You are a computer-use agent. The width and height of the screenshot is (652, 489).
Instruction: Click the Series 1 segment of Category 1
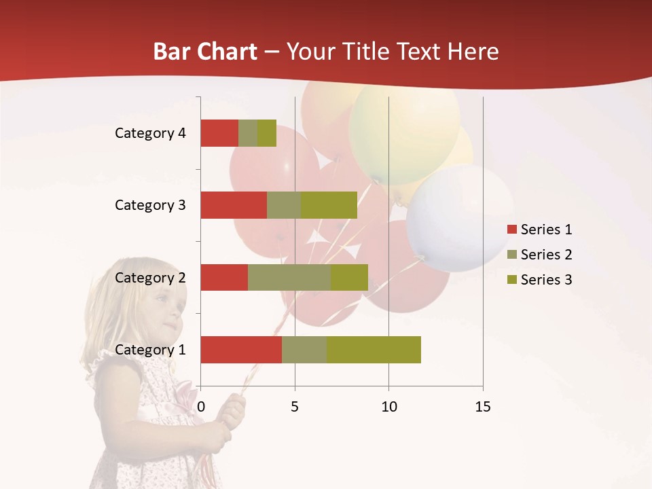click(x=241, y=350)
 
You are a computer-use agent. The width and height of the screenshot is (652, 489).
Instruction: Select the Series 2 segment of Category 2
click(x=289, y=277)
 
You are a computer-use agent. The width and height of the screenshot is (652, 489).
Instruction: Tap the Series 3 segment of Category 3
click(x=329, y=205)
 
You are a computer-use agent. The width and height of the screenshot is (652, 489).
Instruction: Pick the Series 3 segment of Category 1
click(x=374, y=350)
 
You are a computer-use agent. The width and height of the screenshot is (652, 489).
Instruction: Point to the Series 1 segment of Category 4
click(x=219, y=133)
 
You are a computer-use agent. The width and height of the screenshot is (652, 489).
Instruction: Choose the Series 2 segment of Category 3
click(x=284, y=205)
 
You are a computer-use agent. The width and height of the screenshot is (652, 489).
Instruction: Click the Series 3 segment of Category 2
click(x=349, y=277)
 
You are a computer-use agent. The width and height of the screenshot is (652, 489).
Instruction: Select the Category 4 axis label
click(x=150, y=133)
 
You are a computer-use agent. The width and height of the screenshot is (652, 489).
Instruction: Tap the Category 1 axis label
click(x=150, y=350)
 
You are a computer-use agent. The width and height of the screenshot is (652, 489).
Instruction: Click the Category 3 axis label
click(x=150, y=205)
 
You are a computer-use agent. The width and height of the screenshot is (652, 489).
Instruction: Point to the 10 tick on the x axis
click(x=388, y=407)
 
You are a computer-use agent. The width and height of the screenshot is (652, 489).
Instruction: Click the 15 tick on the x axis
click(x=483, y=407)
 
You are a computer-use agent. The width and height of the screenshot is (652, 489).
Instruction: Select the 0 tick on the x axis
click(x=200, y=407)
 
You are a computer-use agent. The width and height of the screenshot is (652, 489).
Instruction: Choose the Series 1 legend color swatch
click(x=511, y=230)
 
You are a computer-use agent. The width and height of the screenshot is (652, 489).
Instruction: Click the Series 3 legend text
click(x=546, y=280)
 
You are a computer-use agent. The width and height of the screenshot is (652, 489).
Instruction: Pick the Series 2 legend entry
click(x=539, y=255)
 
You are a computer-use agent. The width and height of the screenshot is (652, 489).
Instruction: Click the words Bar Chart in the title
click(x=205, y=52)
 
